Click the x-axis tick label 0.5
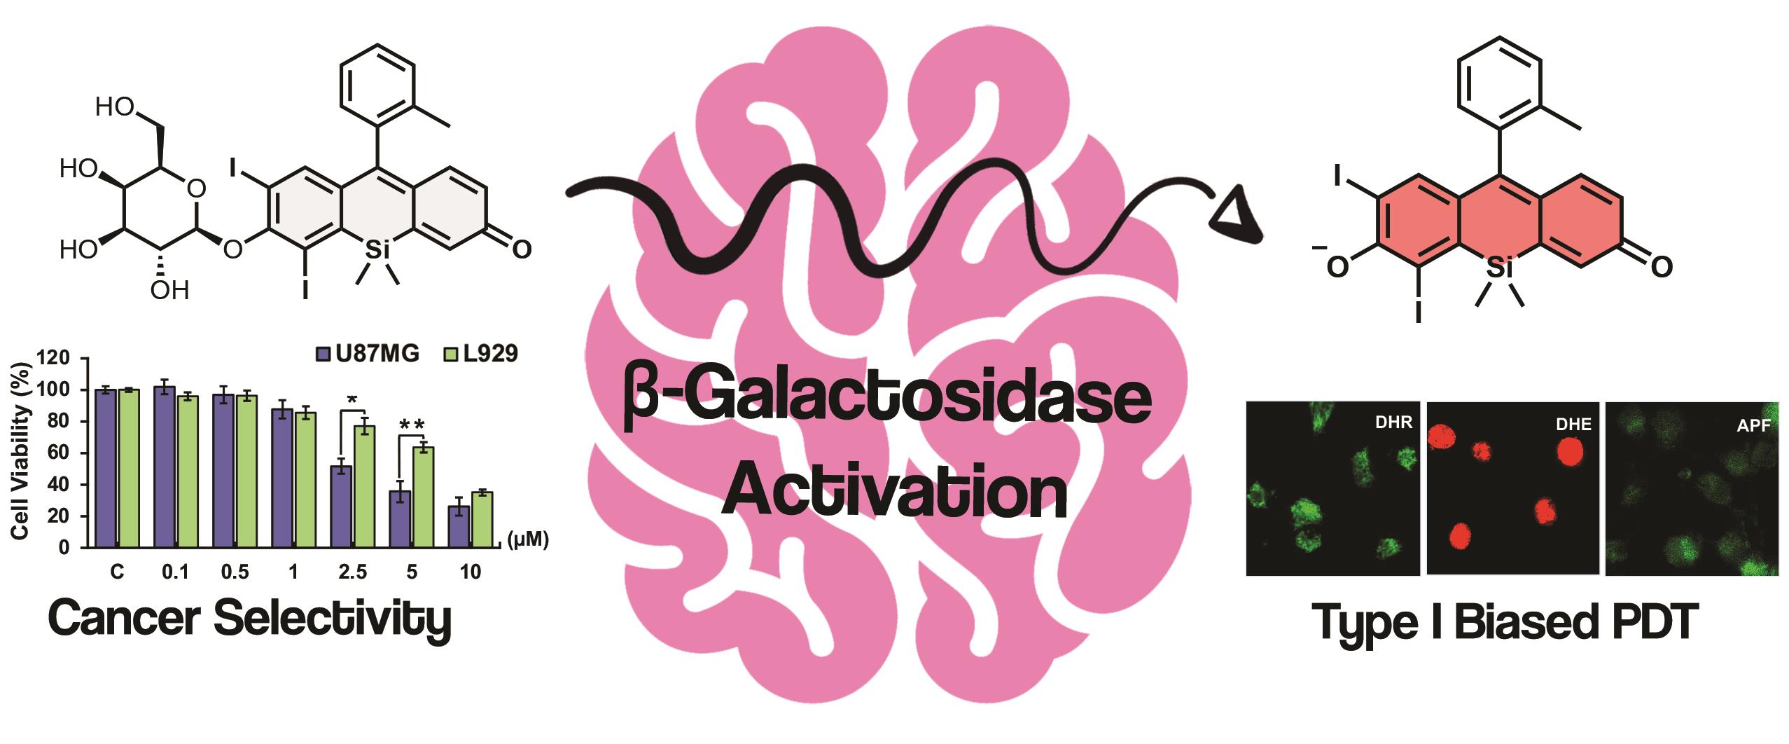(235, 572)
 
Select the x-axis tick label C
(117, 572)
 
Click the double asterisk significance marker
(412, 425)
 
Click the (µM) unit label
(527, 540)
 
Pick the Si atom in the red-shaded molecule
(1499, 267)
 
